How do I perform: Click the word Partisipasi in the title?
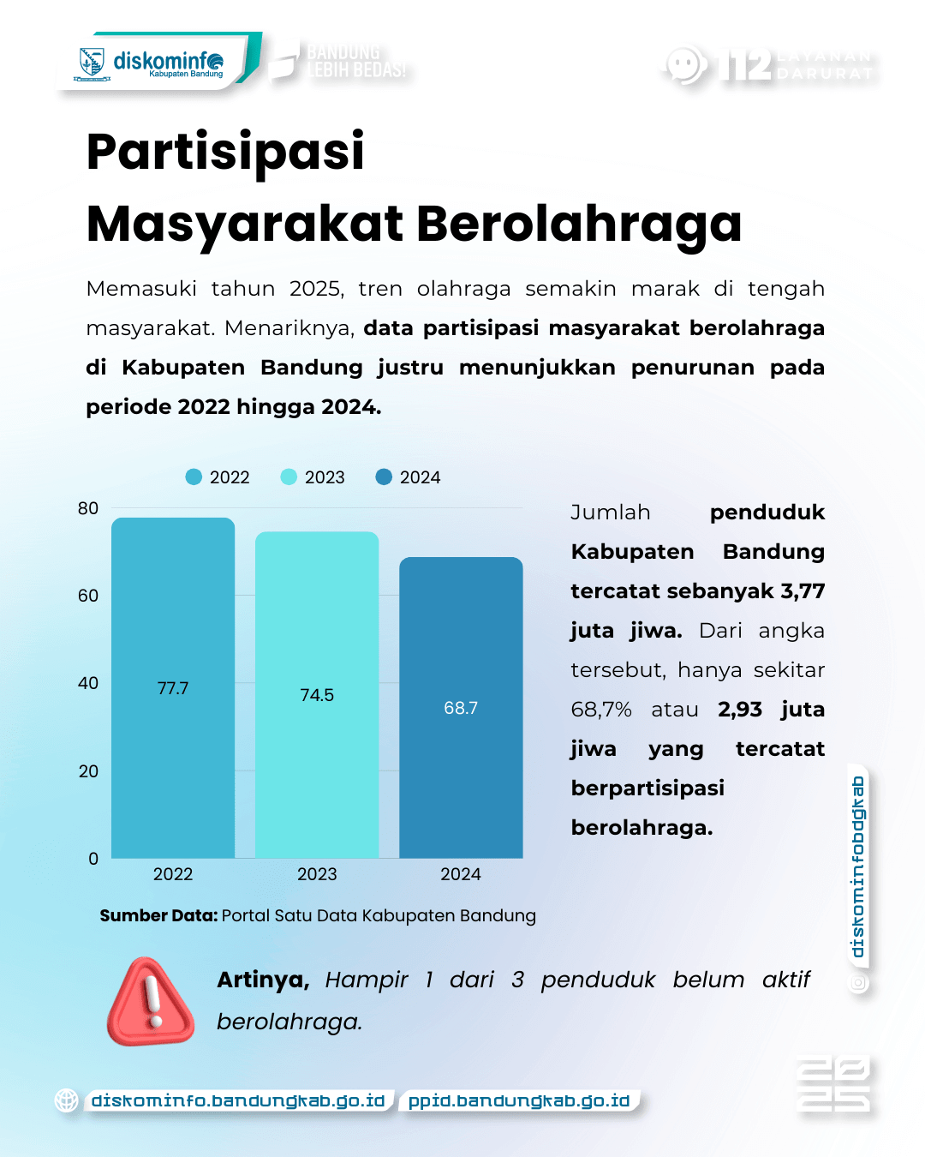click(225, 152)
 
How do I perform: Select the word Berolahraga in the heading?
click(579, 224)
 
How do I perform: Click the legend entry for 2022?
click(218, 477)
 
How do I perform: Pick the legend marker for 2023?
click(289, 477)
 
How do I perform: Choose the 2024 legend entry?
click(409, 477)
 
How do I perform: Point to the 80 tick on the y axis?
click(88, 508)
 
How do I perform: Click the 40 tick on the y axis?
click(88, 683)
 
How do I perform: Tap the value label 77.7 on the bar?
click(173, 688)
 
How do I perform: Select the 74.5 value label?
click(317, 695)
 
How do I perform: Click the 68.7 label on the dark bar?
click(461, 708)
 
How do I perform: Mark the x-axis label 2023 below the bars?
click(317, 874)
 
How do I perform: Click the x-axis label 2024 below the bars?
click(461, 874)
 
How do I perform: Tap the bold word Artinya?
click(263, 980)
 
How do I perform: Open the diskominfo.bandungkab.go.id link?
click(238, 1100)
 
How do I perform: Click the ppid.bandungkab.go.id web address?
click(519, 1100)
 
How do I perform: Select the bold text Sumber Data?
click(158, 915)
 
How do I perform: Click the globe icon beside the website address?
click(67, 1100)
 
